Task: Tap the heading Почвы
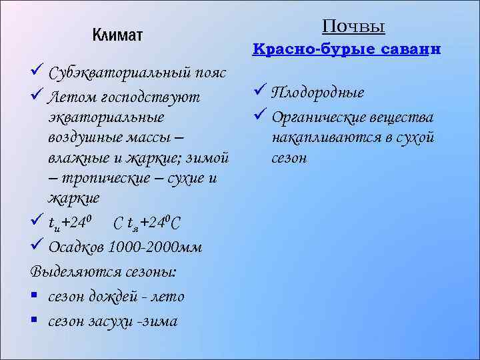(353, 26)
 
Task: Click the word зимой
(209, 159)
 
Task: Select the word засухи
(117, 321)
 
